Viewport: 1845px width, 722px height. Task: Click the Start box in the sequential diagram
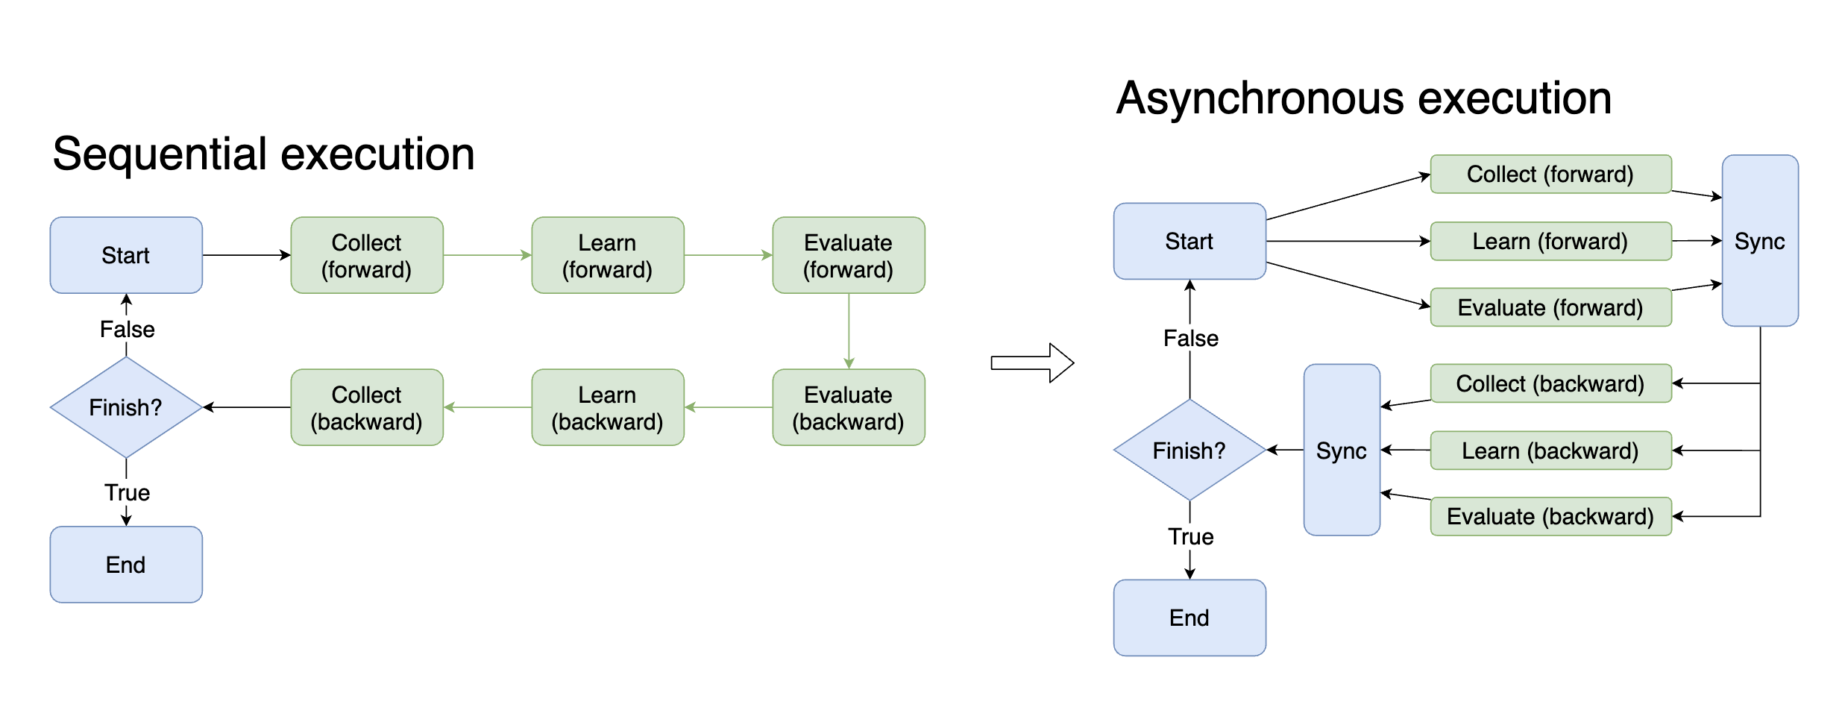pyautogui.click(x=126, y=255)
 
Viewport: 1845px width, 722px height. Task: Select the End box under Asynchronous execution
pyautogui.click(x=1189, y=618)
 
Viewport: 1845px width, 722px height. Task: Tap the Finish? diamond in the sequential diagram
pyautogui.click(x=126, y=407)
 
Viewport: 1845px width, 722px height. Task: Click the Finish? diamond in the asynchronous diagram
pyautogui.click(x=1189, y=450)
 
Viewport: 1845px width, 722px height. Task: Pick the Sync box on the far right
pyautogui.click(x=1759, y=241)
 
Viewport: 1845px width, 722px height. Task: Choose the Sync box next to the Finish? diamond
pyautogui.click(x=1341, y=450)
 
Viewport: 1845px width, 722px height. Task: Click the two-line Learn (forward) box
pyautogui.click(x=607, y=255)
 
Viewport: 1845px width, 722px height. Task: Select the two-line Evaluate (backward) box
pyautogui.click(x=848, y=407)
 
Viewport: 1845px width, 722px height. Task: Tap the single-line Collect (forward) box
pyautogui.click(x=1550, y=174)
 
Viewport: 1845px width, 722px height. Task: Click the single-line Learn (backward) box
pyautogui.click(x=1550, y=450)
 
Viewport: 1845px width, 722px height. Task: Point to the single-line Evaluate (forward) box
pyautogui.click(x=1550, y=307)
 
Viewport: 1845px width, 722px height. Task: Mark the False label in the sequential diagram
pyautogui.click(x=127, y=329)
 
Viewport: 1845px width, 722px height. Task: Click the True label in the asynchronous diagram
pyautogui.click(x=1190, y=536)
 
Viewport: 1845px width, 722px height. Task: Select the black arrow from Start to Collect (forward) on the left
pyautogui.click(x=246, y=255)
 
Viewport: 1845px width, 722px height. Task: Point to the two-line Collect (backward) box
pyautogui.click(x=366, y=407)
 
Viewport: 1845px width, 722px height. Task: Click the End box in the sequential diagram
pyautogui.click(x=126, y=565)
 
